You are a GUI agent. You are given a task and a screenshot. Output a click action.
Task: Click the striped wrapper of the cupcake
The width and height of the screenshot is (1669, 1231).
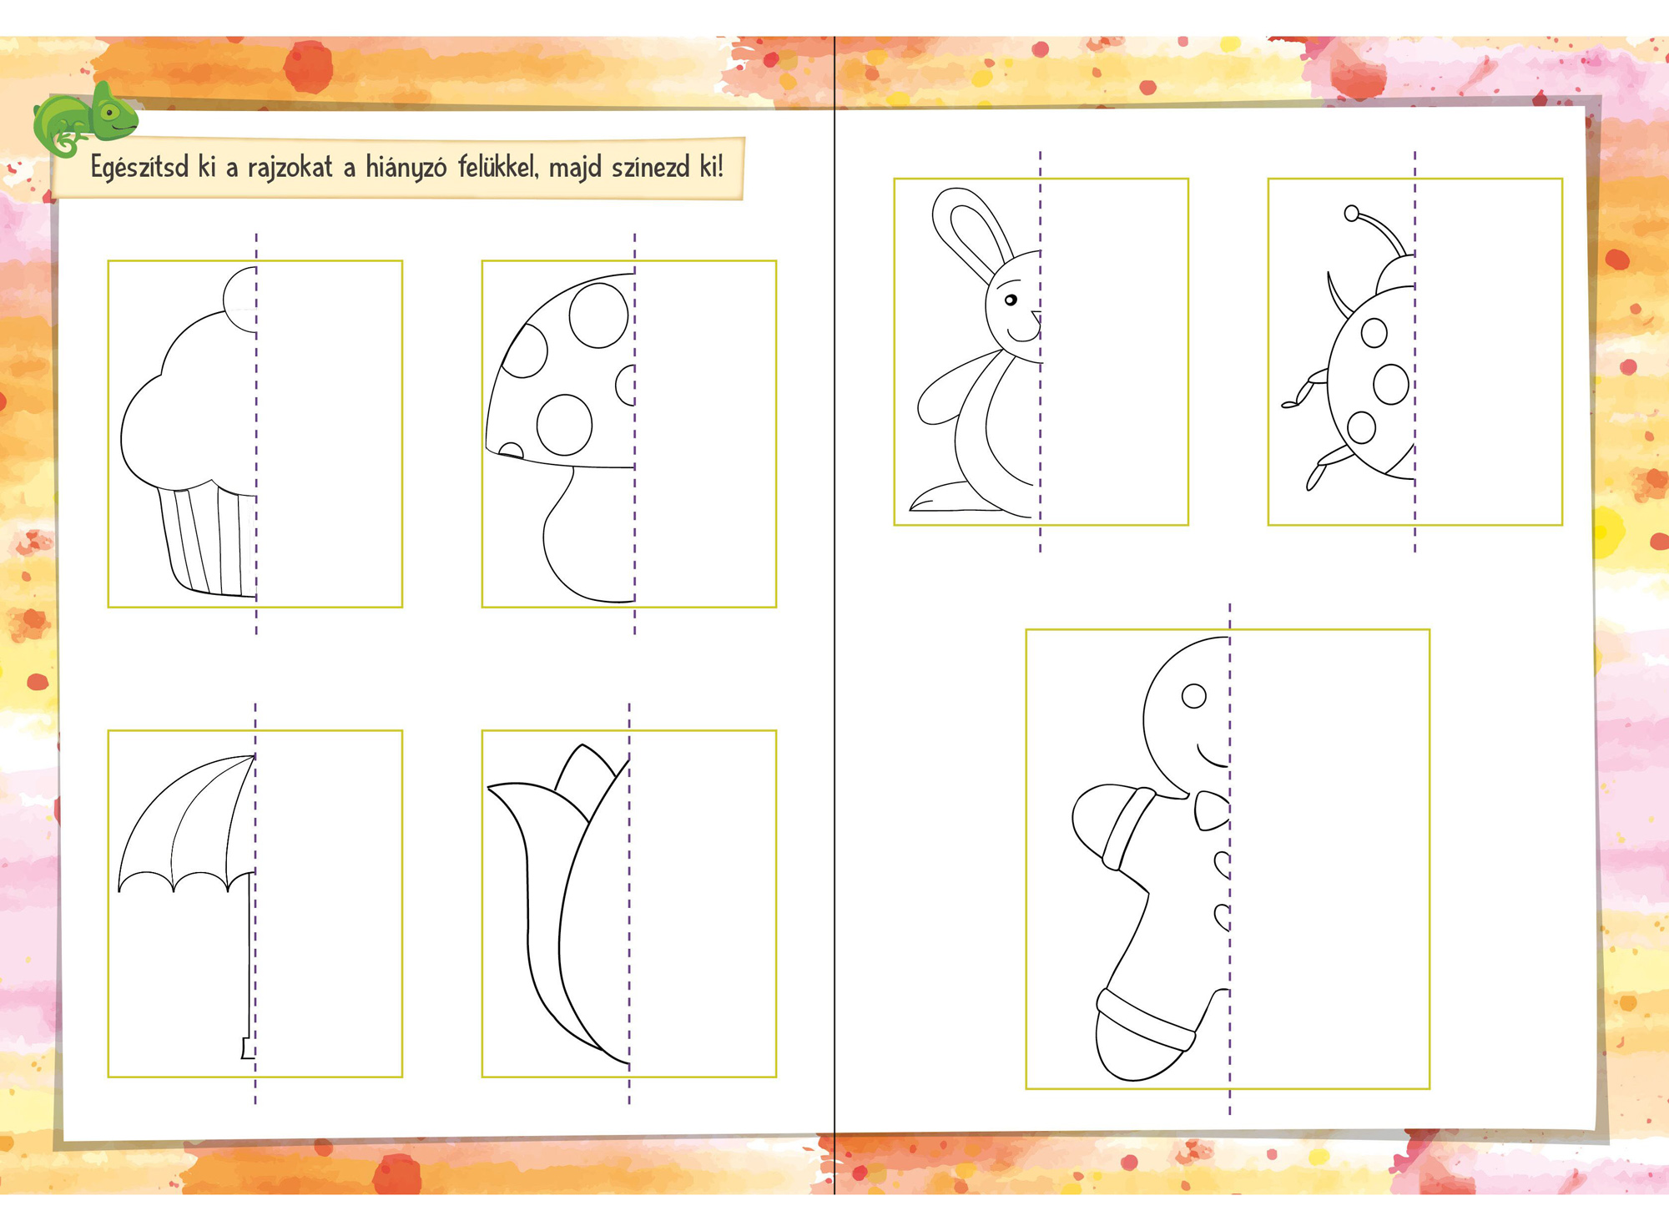tap(209, 538)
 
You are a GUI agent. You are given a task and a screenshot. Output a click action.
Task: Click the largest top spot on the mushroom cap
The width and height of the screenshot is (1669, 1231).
tap(598, 315)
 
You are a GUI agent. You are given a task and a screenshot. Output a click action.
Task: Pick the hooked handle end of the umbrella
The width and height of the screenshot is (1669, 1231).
tap(247, 1048)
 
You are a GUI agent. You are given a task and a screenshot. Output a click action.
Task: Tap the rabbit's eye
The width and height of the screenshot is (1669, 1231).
tap(1011, 300)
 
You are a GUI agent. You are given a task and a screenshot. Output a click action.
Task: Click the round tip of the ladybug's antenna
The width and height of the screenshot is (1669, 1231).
tap(1352, 214)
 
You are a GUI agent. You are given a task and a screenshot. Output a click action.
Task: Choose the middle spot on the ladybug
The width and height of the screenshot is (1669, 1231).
tap(1390, 385)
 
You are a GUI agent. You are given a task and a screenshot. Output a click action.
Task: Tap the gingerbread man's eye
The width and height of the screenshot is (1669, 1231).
tap(1194, 696)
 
